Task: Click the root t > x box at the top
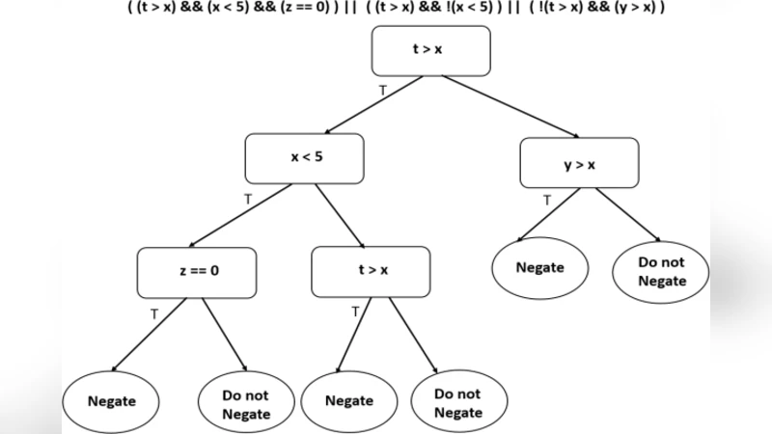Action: tap(430, 50)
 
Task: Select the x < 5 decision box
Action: tap(305, 157)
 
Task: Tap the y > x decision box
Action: tap(579, 164)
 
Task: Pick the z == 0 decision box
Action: tap(197, 271)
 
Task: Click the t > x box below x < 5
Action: tap(371, 271)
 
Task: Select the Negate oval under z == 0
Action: tap(111, 401)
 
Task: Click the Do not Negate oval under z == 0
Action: tap(245, 403)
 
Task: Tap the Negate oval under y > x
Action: tap(539, 267)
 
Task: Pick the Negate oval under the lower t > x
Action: tap(349, 401)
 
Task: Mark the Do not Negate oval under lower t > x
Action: tap(458, 403)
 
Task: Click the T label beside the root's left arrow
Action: tap(382, 89)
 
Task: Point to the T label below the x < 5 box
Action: tap(248, 199)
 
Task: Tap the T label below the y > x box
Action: tap(547, 201)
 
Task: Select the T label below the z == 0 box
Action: tap(154, 313)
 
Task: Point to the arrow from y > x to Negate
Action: tap(550, 214)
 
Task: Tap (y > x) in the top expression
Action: tap(629, 8)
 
